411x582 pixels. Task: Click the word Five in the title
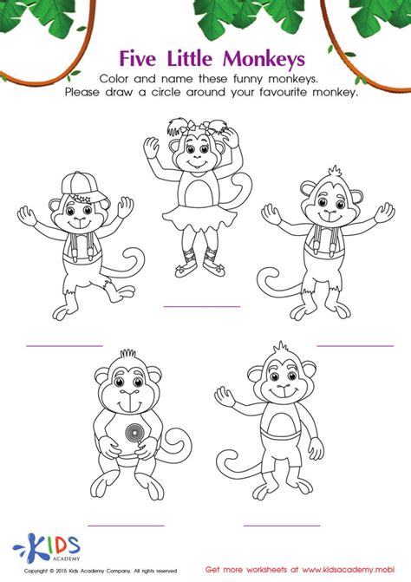pyautogui.click(x=142, y=60)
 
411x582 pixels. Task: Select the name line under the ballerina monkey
pyautogui.click(x=202, y=306)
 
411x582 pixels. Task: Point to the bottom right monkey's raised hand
pyautogui.click(x=225, y=397)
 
